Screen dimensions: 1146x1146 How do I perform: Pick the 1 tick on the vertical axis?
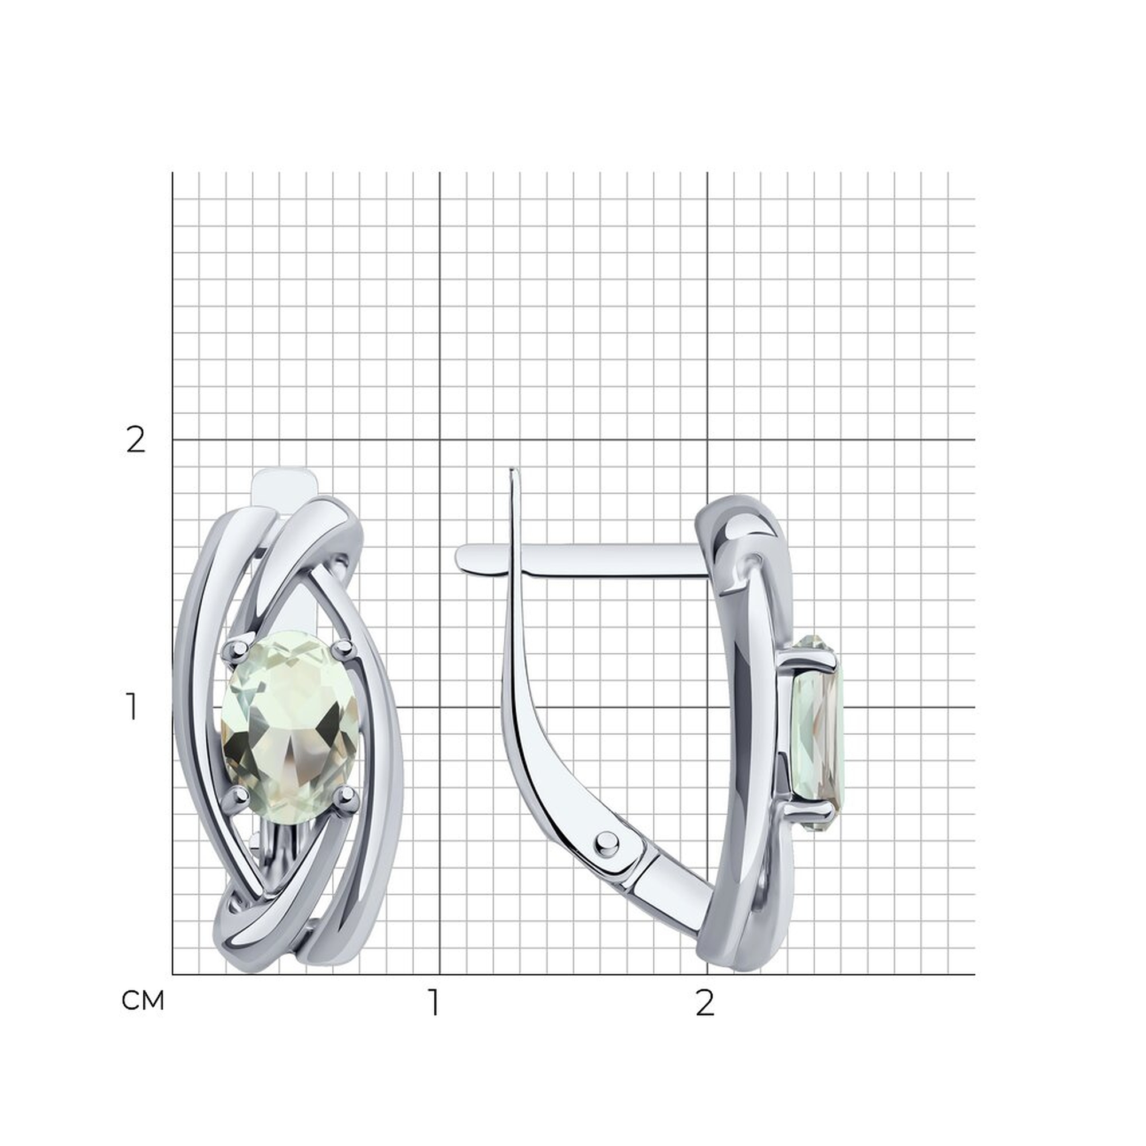tap(132, 708)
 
